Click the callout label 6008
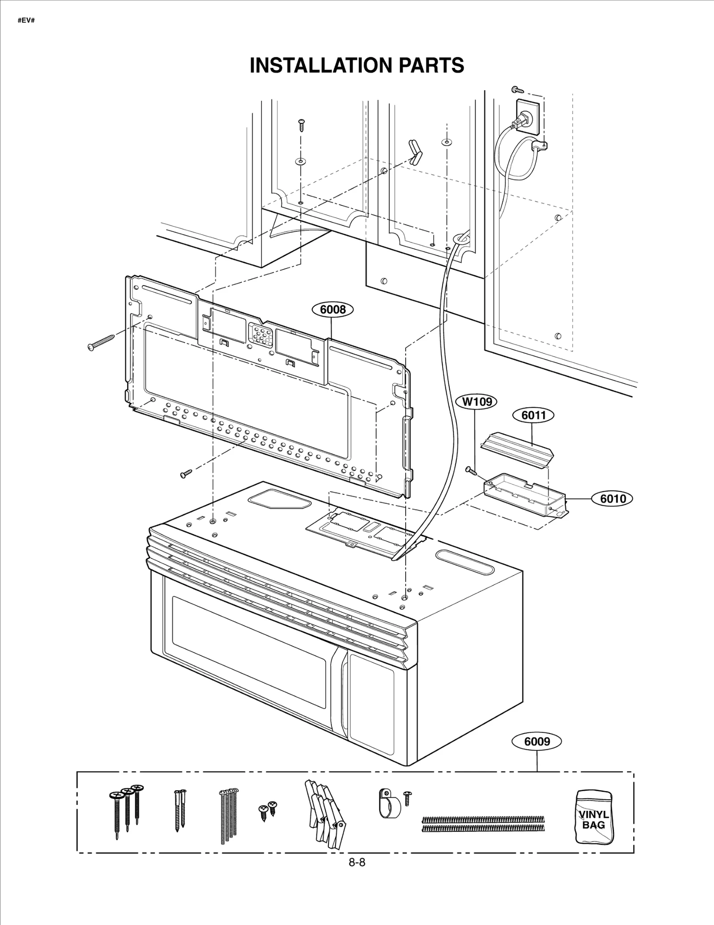[333, 309]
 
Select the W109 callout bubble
[477, 402]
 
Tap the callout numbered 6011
[533, 415]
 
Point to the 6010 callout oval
[613, 498]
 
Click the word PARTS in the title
[431, 66]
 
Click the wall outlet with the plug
[527, 117]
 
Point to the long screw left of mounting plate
[101, 342]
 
